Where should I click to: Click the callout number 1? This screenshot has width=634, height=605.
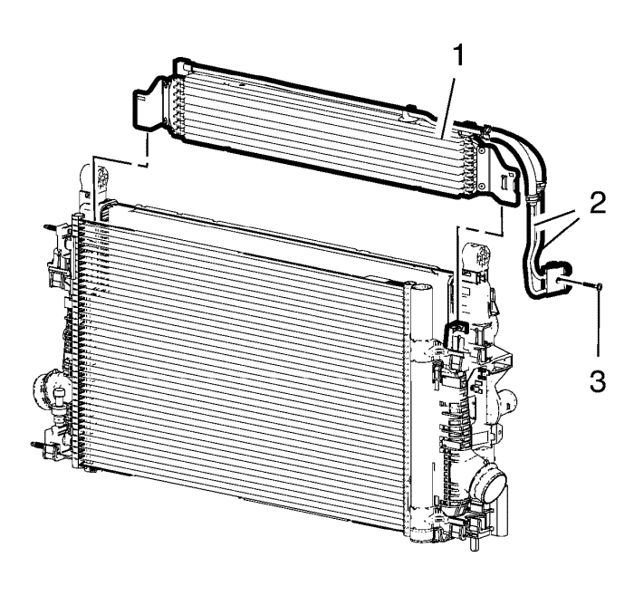458,56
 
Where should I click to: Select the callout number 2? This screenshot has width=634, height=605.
598,202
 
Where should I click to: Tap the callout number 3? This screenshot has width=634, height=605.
598,381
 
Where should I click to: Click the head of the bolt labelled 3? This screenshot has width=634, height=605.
600,286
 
